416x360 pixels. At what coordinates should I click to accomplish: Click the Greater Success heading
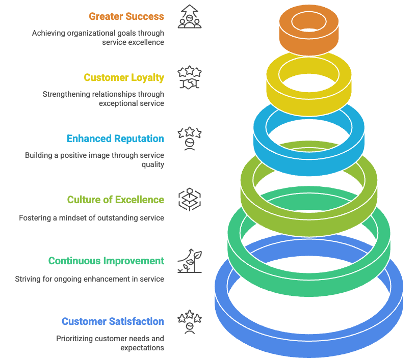126,16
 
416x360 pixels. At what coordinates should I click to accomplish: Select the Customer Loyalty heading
124,77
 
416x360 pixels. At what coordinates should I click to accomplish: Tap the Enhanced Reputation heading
115,139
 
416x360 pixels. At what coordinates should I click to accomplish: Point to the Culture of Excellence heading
116,200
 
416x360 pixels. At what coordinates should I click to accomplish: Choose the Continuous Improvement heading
106,261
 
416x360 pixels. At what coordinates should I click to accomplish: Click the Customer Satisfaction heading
113,321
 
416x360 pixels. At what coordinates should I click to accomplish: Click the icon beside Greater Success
189,16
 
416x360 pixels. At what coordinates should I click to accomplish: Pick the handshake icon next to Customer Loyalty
189,78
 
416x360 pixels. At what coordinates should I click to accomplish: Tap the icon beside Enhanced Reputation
189,139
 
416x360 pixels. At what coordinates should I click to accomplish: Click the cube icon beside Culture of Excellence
189,200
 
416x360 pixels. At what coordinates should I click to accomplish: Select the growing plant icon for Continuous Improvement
189,261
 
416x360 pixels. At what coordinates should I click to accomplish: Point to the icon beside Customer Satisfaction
189,322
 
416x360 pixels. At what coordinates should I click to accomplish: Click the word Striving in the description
29,279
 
